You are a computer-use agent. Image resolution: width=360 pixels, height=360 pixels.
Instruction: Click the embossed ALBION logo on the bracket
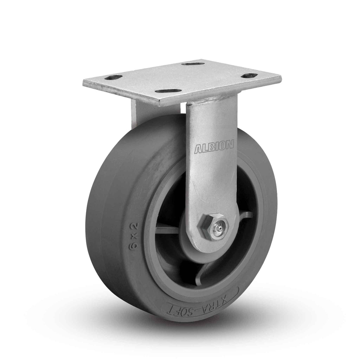[214, 147]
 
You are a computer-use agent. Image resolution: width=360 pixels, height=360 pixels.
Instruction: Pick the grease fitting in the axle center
[219, 229]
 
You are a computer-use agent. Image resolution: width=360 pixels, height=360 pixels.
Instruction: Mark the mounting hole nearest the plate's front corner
[167, 91]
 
